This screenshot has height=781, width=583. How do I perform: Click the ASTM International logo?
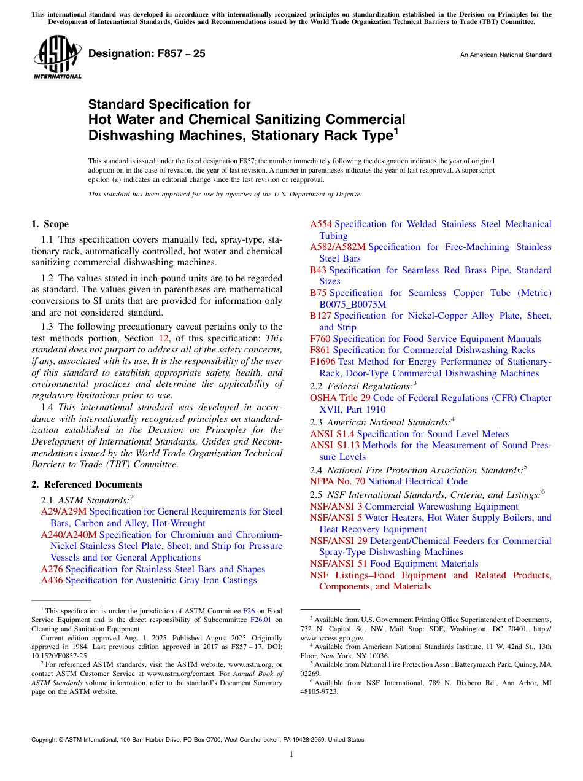pyautogui.click(x=57, y=58)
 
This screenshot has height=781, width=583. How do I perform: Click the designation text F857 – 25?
pyautogui.click(x=147, y=54)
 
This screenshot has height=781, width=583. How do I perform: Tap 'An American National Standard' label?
pyautogui.click(x=506, y=55)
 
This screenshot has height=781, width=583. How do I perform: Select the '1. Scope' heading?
pyautogui.click(x=50, y=224)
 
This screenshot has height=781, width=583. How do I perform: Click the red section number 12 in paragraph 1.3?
pyautogui.click(x=164, y=338)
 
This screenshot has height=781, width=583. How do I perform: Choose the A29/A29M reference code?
pyautogui.click(x=64, y=511)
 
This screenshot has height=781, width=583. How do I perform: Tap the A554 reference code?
pyautogui.click(x=321, y=224)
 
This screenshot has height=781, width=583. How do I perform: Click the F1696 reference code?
pyautogui.click(x=323, y=362)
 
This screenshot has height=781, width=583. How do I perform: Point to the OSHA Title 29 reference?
pyautogui.click(x=340, y=398)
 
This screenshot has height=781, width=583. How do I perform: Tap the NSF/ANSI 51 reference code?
pyautogui.click(x=339, y=564)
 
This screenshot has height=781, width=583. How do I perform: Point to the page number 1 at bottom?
pyautogui.click(x=291, y=754)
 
